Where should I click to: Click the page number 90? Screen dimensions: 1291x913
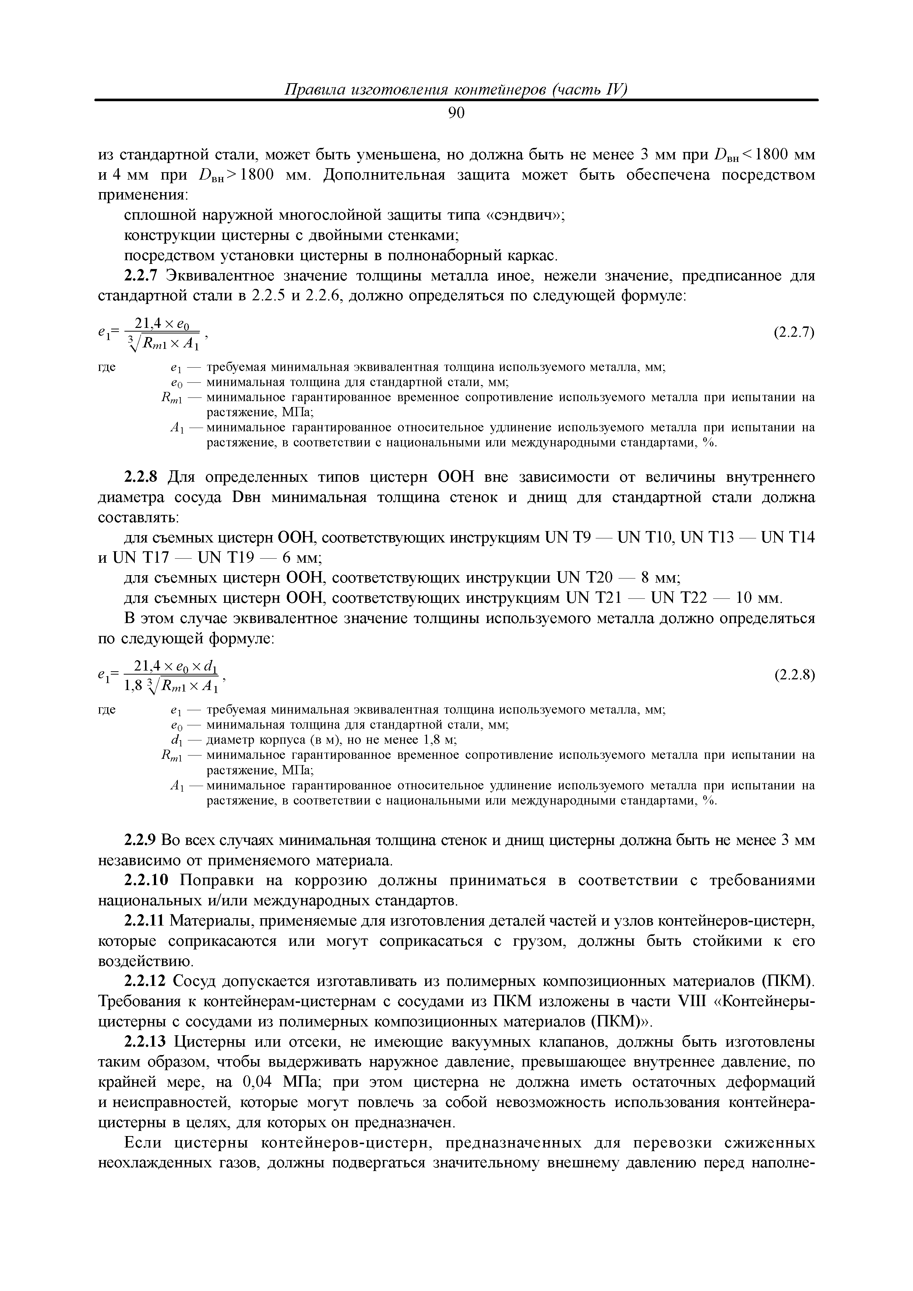[x=456, y=113]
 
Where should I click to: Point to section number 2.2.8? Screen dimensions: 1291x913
[x=143, y=477]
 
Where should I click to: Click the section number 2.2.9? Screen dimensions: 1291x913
[x=138, y=840]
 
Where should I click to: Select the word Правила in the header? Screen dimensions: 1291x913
[x=316, y=89]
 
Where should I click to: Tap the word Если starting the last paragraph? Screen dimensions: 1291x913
[x=145, y=1142]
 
